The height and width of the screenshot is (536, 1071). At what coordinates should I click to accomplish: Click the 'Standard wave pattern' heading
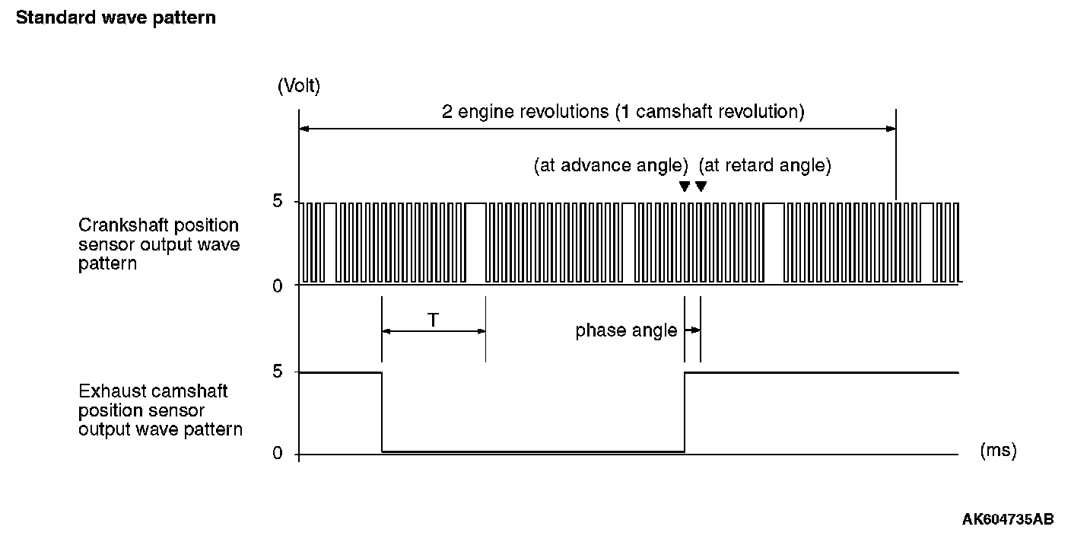tap(116, 18)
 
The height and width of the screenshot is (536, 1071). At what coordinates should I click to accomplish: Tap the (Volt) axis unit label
tap(299, 86)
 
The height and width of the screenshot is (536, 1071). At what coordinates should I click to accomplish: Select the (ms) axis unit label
tap(998, 451)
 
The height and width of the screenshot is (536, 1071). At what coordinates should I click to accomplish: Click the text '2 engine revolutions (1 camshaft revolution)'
tap(623, 112)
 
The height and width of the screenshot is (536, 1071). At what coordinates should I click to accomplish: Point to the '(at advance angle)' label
tap(611, 165)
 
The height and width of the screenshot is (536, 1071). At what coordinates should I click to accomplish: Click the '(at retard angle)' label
tap(764, 165)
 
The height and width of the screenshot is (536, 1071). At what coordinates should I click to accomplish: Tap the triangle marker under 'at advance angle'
tap(684, 187)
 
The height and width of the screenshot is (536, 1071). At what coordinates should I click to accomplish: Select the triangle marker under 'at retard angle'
tap(701, 187)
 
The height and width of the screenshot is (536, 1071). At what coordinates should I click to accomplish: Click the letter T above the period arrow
tap(433, 321)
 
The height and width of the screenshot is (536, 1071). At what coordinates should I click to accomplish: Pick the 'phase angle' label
tap(626, 330)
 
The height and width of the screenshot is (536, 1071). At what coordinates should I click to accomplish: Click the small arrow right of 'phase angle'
tap(692, 330)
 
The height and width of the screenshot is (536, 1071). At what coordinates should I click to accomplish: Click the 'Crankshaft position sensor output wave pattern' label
tap(158, 244)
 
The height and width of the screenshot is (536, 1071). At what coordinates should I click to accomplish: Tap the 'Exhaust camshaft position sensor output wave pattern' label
tap(160, 410)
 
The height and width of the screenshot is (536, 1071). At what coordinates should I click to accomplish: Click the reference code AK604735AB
tap(1008, 520)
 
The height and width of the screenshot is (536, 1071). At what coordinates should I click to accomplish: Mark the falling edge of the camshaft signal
tap(382, 412)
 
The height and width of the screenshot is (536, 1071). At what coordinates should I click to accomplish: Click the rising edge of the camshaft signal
tap(685, 412)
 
